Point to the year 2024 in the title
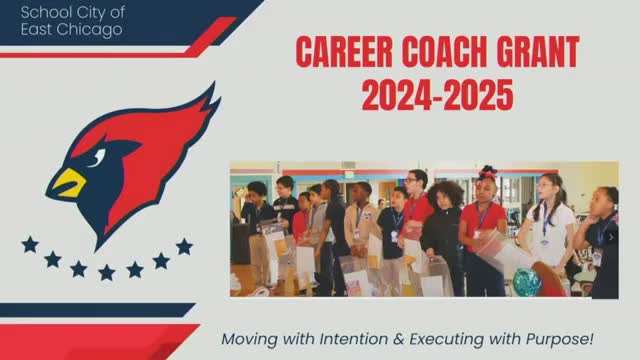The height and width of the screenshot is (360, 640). (x=397, y=95)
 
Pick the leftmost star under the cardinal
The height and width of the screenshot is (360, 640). (x=30, y=244)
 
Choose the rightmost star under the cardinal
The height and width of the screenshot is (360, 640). (x=184, y=246)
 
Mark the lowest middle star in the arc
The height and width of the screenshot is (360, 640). (x=106, y=271)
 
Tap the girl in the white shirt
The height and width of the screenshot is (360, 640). (x=551, y=225)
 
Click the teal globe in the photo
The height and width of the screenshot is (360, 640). (x=526, y=282)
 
